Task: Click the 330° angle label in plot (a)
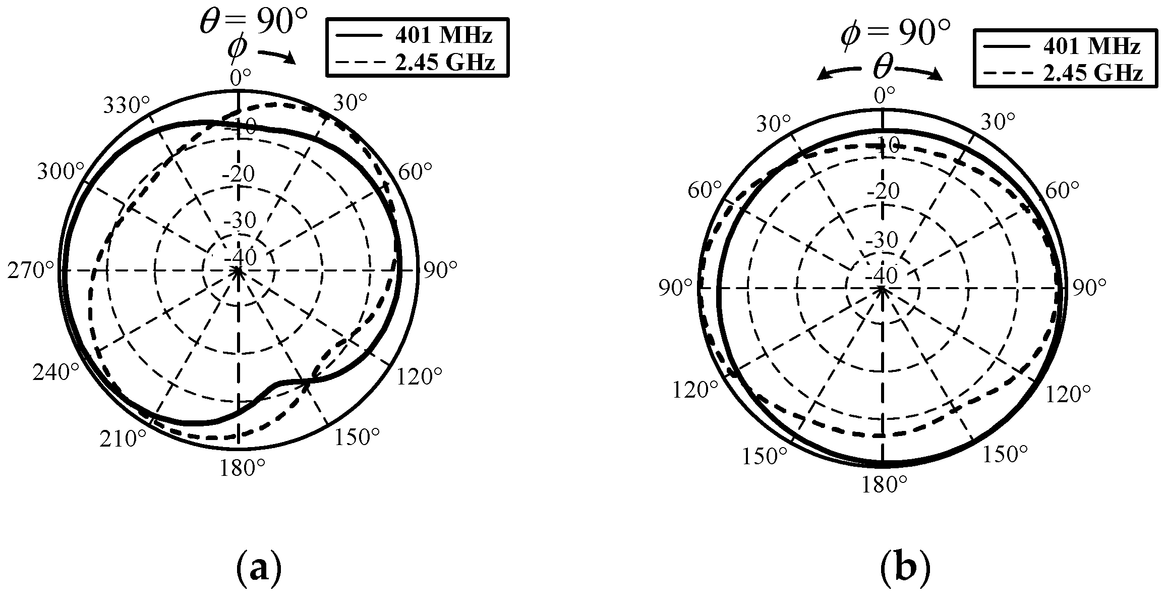pyautogui.click(x=127, y=106)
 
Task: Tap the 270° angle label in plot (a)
pyautogui.click(x=31, y=271)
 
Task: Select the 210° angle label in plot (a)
pyautogui.click(x=123, y=439)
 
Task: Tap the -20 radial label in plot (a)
pyautogui.click(x=239, y=175)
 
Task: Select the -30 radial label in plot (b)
pyautogui.click(x=882, y=240)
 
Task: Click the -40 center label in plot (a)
pyautogui.click(x=240, y=258)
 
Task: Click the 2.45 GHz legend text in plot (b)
pyautogui.click(x=1092, y=74)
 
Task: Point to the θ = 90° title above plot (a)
pyautogui.click(x=254, y=21)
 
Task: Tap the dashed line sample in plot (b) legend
pyautogui.click(x=1005, y=74)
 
